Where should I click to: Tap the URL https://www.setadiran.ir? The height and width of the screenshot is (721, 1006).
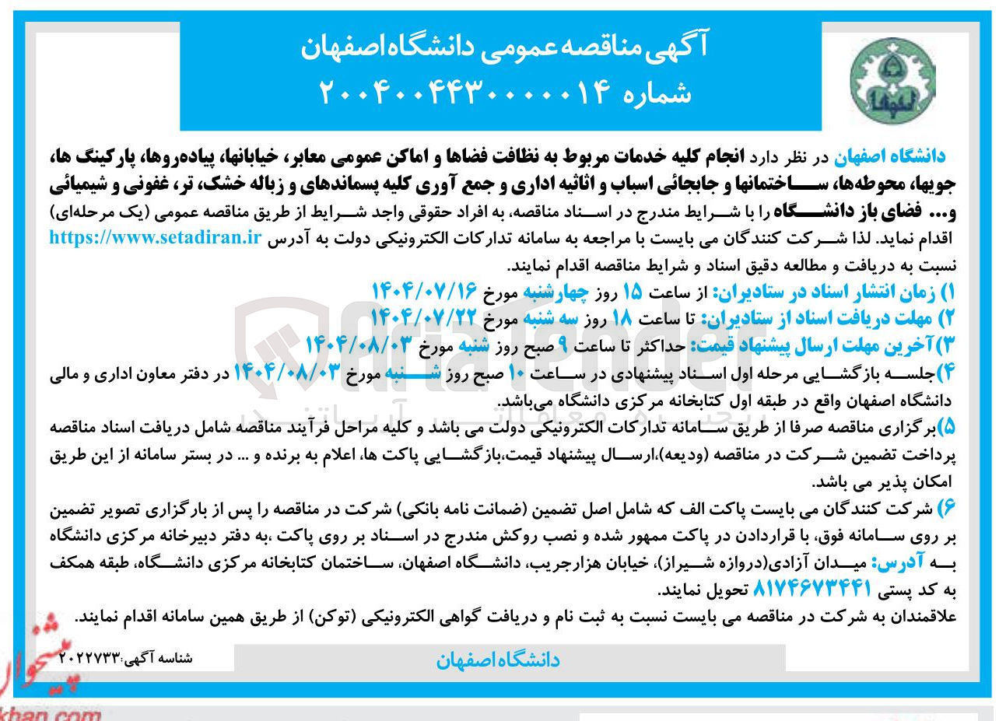tap(155, 238)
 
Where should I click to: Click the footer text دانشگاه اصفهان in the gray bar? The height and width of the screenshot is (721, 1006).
tap(498, 660)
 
